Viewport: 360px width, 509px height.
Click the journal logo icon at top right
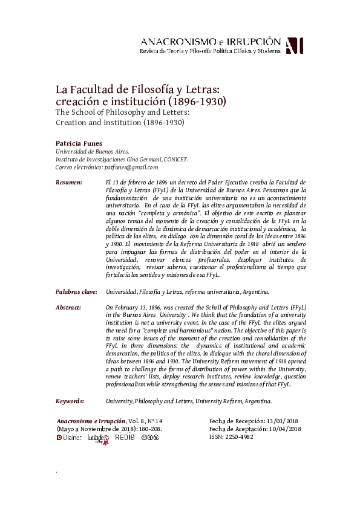click(294, 45)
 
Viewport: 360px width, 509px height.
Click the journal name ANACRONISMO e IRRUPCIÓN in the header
click(210, 41)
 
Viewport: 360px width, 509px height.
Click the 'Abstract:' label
click(68, 308)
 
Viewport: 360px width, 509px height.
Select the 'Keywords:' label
click(70, 401)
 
